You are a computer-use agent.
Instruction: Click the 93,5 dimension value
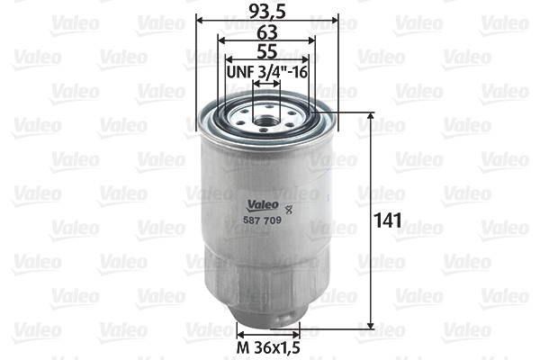[265, 12]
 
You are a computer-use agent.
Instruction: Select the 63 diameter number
[265, 31]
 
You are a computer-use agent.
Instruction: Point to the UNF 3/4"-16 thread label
[267, 71]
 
